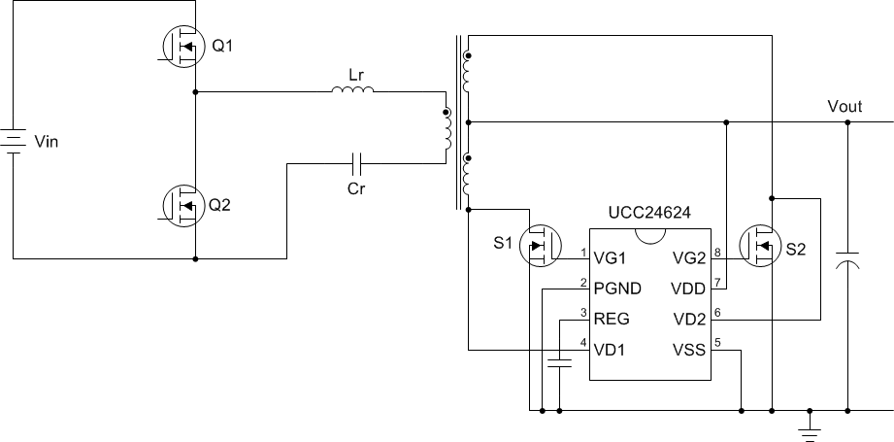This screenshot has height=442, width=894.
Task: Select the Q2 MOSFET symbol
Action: [x=181, y=205]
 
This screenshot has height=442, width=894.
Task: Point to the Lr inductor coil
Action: [x=352, y=92]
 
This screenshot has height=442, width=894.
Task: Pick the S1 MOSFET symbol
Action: [x=539, y=247]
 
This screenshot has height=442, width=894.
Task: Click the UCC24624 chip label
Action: [x=649, y=213]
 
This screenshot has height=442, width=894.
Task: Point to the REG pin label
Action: [x=613, y=317]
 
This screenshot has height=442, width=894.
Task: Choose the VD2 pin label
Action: [x=687, y=317]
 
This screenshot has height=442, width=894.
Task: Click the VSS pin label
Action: [x=688, y=347]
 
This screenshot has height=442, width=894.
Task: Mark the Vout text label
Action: [x=844, y=107]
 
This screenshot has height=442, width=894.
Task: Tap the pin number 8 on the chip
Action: [x=716, y=253]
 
